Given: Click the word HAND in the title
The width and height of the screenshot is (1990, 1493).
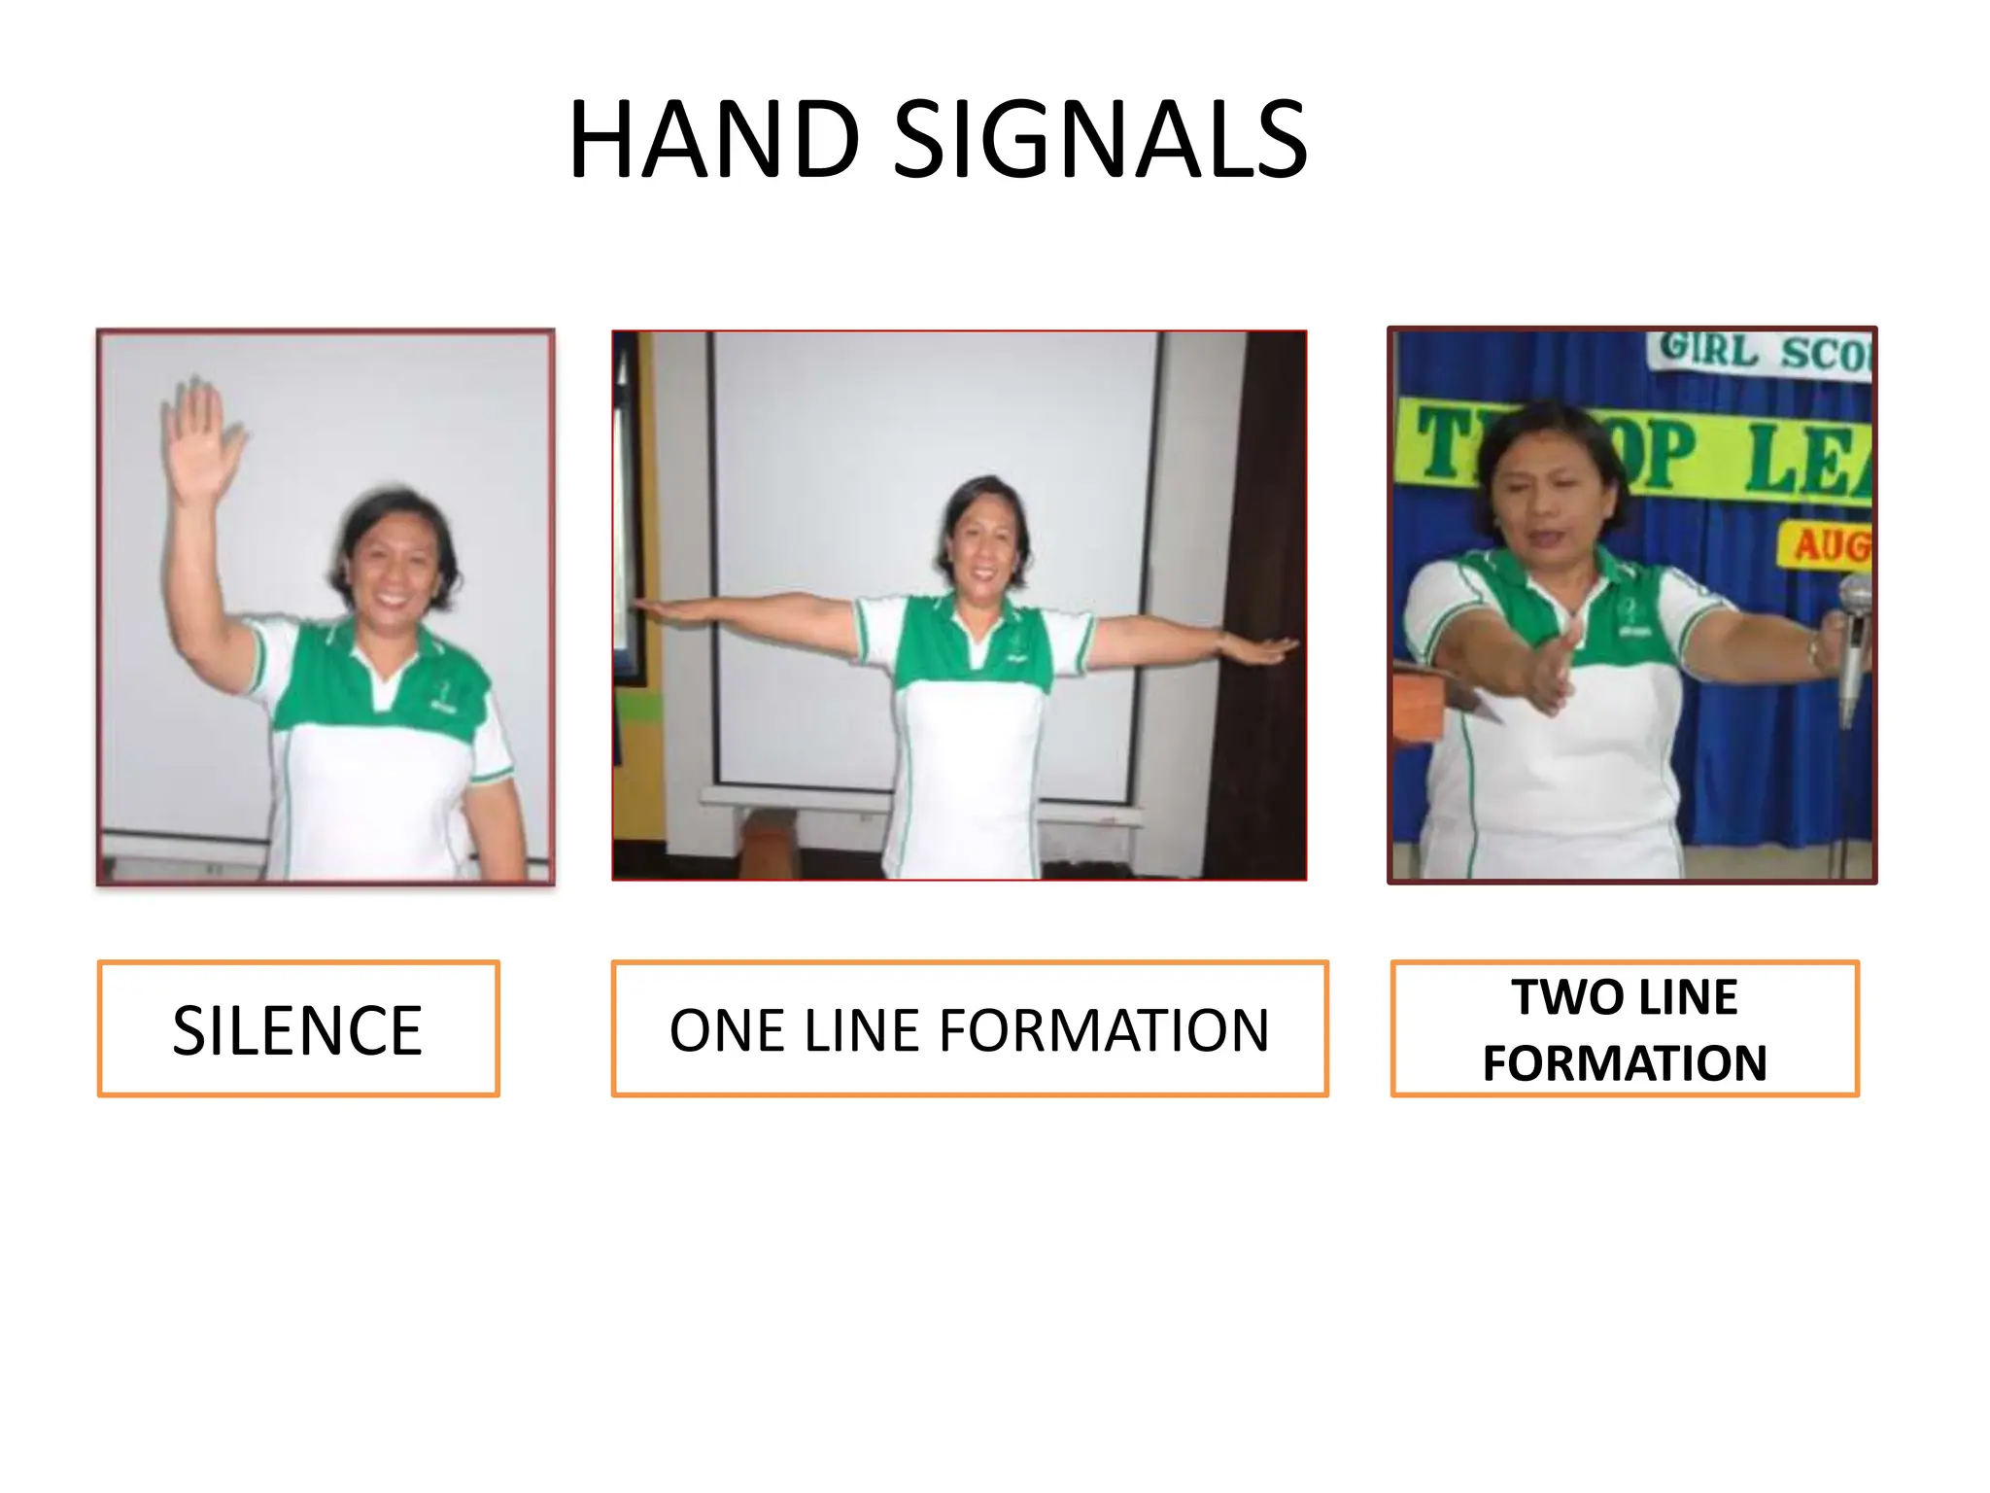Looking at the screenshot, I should click(714, 141).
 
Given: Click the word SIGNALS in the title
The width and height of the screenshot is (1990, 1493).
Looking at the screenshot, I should click(1100, 141).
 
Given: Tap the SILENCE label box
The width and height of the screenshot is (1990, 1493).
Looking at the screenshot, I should click(298, 1029).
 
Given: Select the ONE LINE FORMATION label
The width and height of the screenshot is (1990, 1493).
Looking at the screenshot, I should click(969, 1029).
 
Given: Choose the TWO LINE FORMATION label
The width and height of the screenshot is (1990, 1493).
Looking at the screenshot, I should click(1624, 1029).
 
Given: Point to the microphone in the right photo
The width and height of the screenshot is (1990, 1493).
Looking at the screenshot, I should click(1854, 632).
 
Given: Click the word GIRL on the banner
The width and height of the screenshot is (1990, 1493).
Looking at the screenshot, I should click(1708, 350).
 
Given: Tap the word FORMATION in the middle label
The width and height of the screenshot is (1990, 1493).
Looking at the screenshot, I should click(1103, 1030).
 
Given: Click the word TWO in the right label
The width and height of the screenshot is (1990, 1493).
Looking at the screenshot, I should click(1557, 997).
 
